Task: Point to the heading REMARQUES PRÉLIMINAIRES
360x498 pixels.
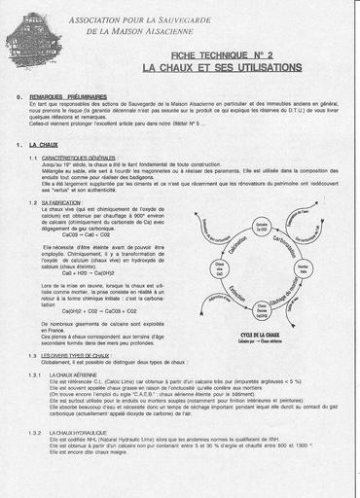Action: click(x=69, y=97)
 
